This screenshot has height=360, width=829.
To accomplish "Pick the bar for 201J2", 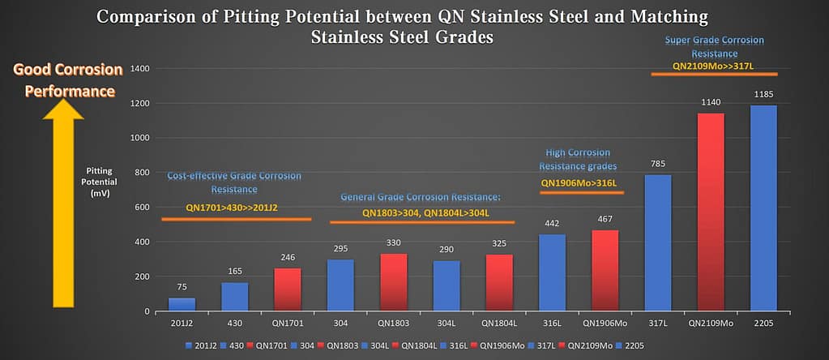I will [x=182, y=304].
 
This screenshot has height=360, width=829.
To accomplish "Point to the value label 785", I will [x=657, y=164].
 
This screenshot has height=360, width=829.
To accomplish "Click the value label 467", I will [x=605, y=220].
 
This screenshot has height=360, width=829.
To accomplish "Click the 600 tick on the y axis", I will [x=143, y=208].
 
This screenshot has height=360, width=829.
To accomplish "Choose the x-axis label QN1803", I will [x=392, y=322].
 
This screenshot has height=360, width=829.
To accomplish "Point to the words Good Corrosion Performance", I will [x=68, y=80].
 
